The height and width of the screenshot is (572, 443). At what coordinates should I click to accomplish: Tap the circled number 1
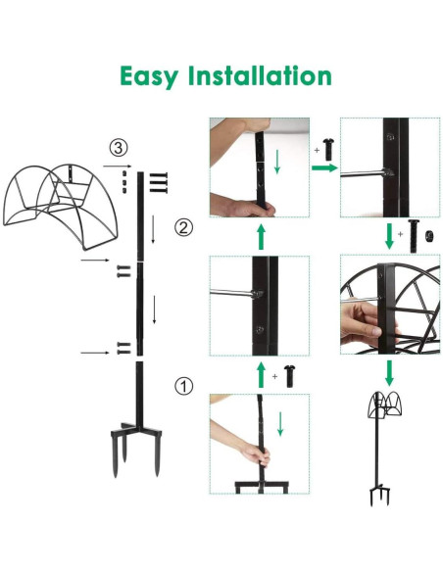[x=183, y=385]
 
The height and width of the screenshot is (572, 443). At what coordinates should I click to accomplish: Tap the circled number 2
[x=182, y=229]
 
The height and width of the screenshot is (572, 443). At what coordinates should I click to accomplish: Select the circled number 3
[x=118, y=149]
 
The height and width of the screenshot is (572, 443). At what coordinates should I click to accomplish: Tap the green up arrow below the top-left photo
[x=261, y=235]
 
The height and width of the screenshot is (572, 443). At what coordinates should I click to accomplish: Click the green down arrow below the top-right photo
[x=389, y=236]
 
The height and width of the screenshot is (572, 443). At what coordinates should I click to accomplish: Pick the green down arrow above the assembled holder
[x=389, y=372]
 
